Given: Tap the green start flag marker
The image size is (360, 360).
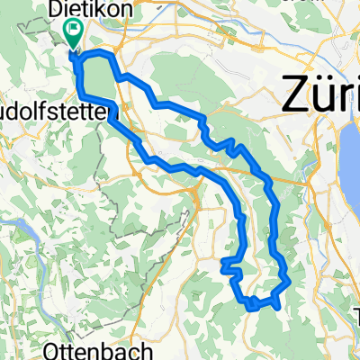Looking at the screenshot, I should (x=72, y=35).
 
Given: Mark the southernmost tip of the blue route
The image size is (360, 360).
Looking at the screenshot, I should (x=251, y=308).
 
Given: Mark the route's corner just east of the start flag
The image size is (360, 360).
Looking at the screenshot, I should (x=110, y=56).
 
